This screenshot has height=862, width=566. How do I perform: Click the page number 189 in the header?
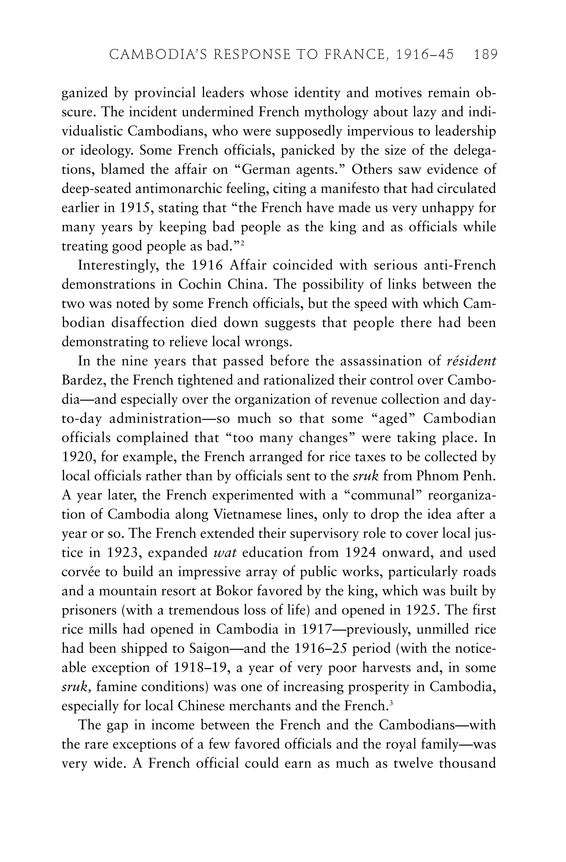coord(485,55)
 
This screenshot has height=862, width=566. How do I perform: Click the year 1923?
coord(124,553)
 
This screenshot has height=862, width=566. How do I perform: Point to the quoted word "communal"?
coord(383,495)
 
